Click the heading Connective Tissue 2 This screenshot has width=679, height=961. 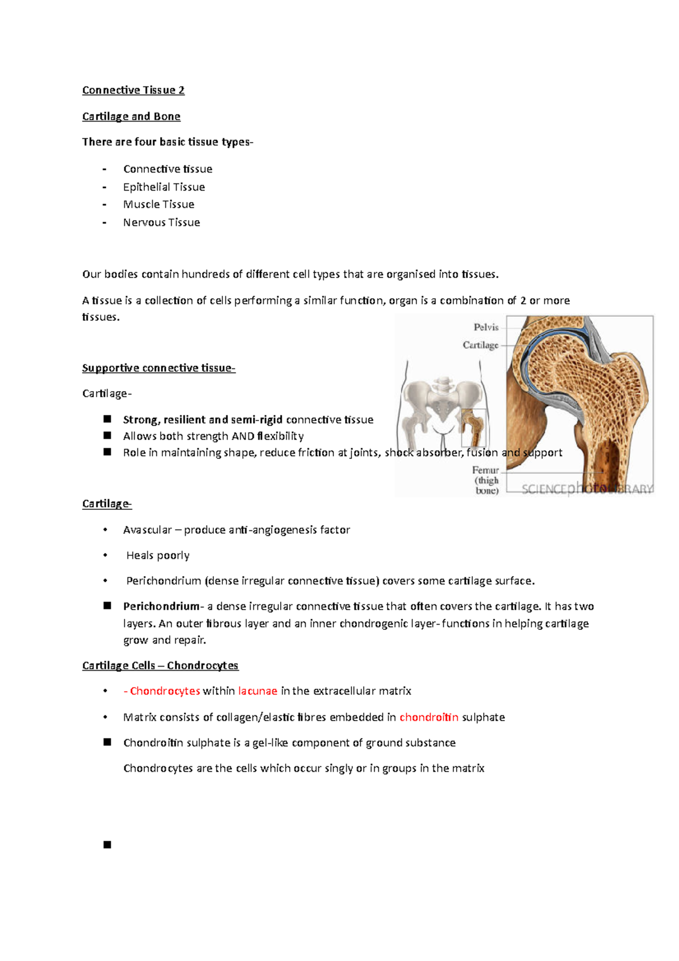(x=133, y=90)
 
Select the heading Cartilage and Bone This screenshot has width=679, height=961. (x=131, y=117)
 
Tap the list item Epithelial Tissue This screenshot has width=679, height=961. (x=164, y=187)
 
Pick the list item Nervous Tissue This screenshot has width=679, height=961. (x=161, y=222)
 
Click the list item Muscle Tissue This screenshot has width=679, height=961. (x=158, y=204)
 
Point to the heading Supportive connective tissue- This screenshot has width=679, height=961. (x=158, y=368)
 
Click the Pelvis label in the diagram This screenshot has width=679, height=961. (x=485, y=327)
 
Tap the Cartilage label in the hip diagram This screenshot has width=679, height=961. (x=480, y=345)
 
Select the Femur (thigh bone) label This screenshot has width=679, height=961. (x=486, y=480)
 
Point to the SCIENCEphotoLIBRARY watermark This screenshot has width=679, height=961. (x=587, y=488)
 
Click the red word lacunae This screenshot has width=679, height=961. (x=257, y=691)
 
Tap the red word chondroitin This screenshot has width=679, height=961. (x=429, y=717)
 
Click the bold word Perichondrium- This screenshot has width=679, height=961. (x=162, y=606)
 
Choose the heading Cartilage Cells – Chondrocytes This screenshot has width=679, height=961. (x=160, y=666)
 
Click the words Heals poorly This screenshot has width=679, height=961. (x=158, y=555)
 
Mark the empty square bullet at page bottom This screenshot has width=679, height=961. (x=108, y=844)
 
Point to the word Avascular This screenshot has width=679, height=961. (x=147, y=530)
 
